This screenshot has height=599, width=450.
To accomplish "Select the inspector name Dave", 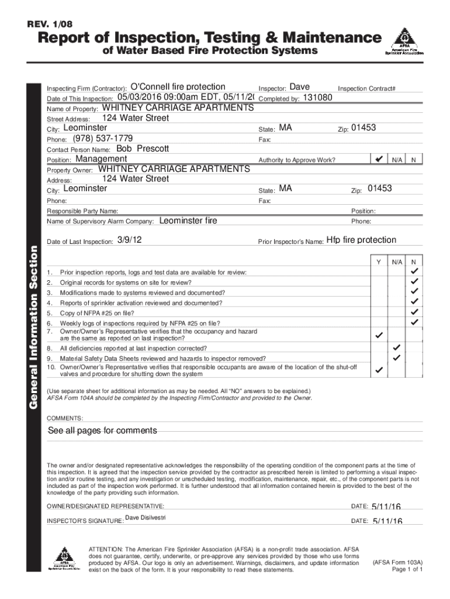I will (x=300, y=87).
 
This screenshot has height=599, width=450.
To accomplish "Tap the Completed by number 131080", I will (x=319, y=98).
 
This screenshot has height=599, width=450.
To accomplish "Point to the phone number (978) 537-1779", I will (x=103, y=138).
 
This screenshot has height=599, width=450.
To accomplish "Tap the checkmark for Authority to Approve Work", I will (x=379, y=159).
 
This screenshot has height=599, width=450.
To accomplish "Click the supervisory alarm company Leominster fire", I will (x=188, y=221).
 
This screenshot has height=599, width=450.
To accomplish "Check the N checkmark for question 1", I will (x=414, y=272).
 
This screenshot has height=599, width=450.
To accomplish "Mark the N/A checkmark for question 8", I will (x=397, y=347).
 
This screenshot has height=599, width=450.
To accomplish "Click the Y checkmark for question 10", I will (x=379, y=370).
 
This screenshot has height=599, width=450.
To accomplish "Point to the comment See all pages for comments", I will (x=102, y=431).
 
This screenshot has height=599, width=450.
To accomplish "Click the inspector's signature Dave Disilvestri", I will (x=146, y=518).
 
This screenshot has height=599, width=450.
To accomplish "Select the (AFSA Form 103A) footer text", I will (x=397, y=563).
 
